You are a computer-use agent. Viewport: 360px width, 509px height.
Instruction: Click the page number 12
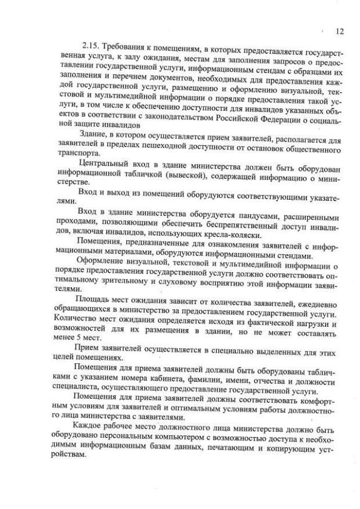[339, 31]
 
